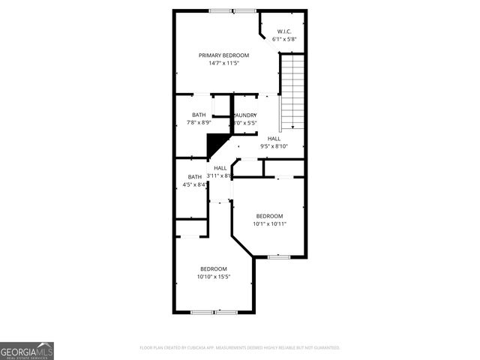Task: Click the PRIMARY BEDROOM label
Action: pos(223,55)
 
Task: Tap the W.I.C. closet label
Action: pos(284,31)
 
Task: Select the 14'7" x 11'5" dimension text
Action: pos(223,64)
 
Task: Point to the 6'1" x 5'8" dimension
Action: pos(284,39)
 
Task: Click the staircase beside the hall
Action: pos(292,93)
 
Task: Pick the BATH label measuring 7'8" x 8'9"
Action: pos(198,115)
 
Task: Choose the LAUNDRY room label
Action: pos(245,115)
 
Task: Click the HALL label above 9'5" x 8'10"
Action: pos(274,139)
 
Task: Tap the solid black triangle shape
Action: pos(217,142)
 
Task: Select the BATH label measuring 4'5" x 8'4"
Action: pos(194,176)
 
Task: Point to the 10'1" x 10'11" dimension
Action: pos(269,223)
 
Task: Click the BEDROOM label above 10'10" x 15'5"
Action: pos(213,268)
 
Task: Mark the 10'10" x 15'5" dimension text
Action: pos(213,277)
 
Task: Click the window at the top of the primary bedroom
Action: pos(232,10)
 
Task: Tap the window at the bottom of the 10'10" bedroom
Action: pos(214,311)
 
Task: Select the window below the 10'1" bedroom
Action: pos(279,256)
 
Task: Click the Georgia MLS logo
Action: pos(27,351)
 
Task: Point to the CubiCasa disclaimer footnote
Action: pos(240,348)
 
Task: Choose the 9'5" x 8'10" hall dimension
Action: pos(274,147)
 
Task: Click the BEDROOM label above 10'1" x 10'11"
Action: pos(269,215)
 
